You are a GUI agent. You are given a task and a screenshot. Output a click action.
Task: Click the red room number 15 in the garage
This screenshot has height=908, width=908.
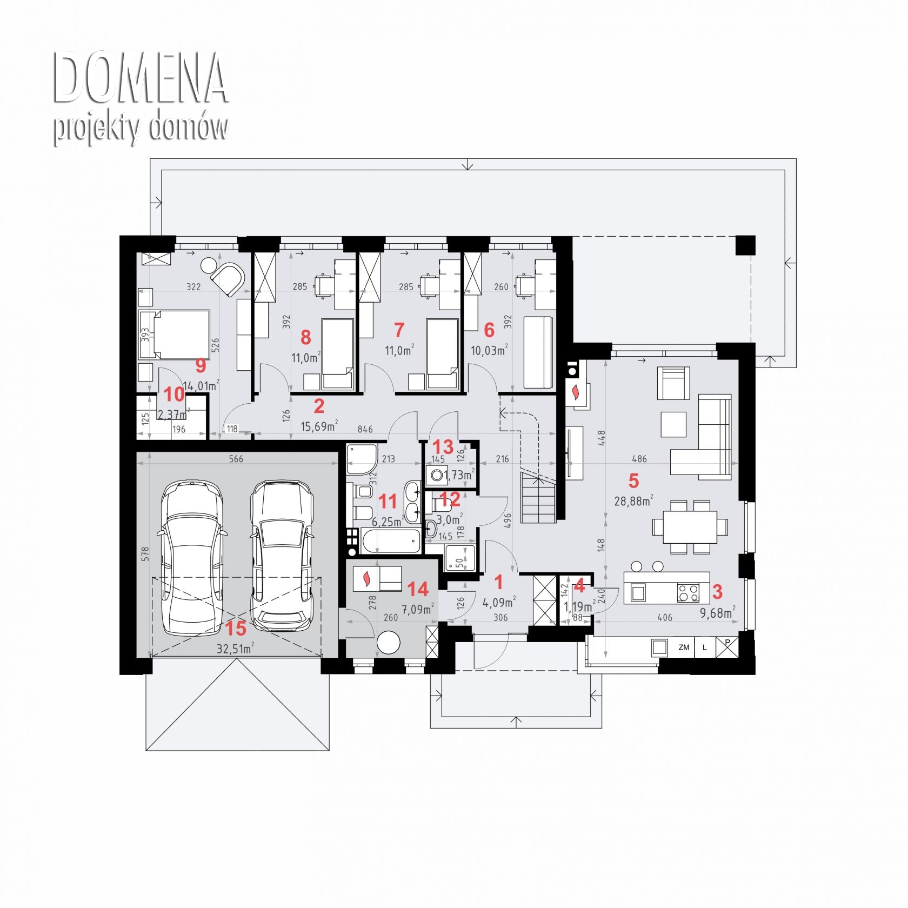pyautogui.click(x=236, y=628)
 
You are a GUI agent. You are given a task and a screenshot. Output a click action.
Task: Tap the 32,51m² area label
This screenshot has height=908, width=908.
pyautogui.click(x=236, y=649)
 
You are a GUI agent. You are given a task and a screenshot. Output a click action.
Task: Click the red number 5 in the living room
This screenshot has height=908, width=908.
pyautogui.click(x=633, y=480)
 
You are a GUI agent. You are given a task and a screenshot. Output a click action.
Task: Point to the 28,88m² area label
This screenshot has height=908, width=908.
pyautogui.click(x=633, y=500)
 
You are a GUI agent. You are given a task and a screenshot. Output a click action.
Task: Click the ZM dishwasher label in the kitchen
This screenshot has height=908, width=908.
pyautogui.click(x=684, y=647)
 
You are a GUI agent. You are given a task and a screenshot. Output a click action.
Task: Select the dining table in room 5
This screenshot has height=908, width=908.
pyautogui.click(x=690, y=527)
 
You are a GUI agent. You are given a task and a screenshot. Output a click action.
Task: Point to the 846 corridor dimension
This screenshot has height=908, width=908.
pyautogui.click(x=365, y=429)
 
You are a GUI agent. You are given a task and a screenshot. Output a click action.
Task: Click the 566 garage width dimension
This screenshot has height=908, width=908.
pyautogui.click(x=236, y=459)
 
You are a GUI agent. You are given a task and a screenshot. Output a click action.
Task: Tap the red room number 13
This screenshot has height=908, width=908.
pyautogui.click(x=443, y=447)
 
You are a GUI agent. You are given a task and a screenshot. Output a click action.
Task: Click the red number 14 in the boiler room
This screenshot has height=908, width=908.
pyautogui.click(x=418, y=589)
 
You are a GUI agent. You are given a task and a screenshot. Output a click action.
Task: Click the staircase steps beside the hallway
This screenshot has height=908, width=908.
pyautogui.click(x=538, y=496)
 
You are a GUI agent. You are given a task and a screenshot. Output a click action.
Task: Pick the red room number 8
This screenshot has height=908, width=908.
pyautogui.click(x=305, y=337)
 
